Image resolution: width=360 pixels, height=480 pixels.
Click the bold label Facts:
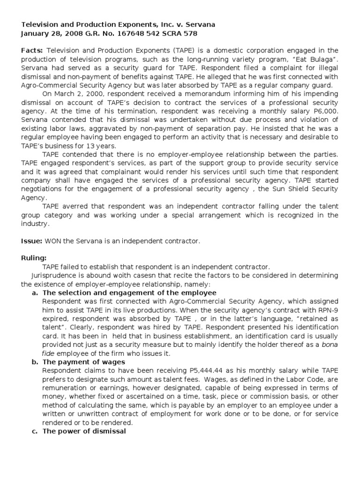[32, 51]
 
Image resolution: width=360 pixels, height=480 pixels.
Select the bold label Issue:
[32, 241]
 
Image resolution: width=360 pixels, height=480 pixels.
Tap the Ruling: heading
[34, 258]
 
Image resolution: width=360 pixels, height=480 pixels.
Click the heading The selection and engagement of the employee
[123, 292]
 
